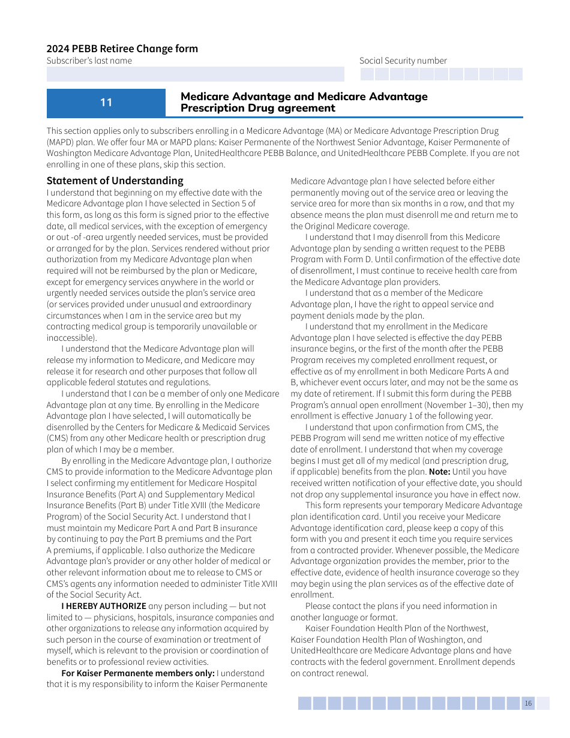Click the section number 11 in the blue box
[106, 103]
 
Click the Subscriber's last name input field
[195, 74]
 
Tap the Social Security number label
[403, 61]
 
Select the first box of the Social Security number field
[367, 74]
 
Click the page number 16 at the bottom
[528, 704]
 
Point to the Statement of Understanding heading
[115, 181]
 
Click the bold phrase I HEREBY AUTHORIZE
[104, 606]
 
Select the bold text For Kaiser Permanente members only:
[138, 673]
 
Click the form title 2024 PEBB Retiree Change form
[122, 49]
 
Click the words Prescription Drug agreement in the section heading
[258, 108]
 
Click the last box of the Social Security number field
[515, 74]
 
